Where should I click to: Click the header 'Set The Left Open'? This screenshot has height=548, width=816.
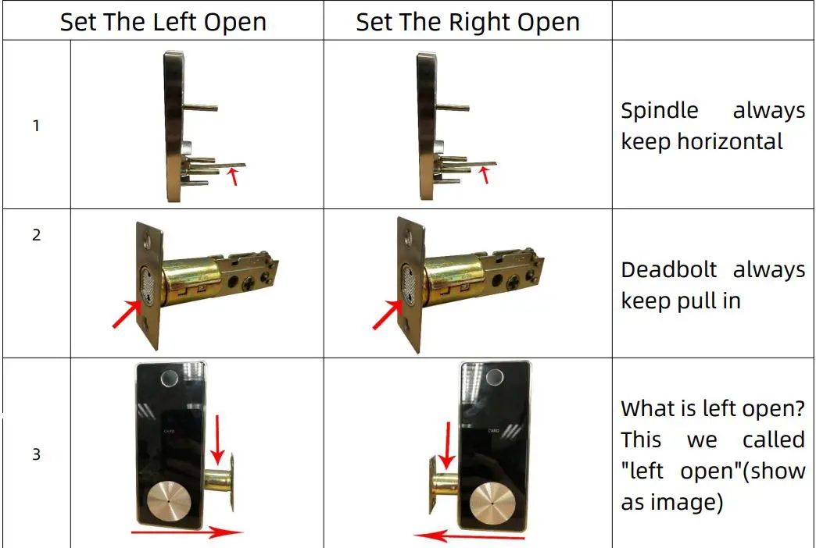163,22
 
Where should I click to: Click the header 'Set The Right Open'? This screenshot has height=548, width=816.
467,22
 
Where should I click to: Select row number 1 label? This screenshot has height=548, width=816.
36,125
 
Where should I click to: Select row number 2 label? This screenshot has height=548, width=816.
36,234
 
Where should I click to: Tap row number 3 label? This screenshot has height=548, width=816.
36,454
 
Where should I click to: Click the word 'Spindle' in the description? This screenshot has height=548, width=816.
659,111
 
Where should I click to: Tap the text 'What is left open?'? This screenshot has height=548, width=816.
712,408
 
